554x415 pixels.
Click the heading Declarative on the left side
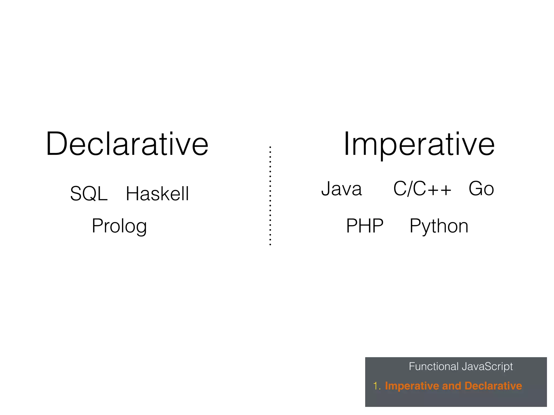pyautogui.click(x=127, y=144)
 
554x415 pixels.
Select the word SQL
pyautogui.click(x=89, y=194)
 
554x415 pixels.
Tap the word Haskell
pyautogui.click(x=157, y=194)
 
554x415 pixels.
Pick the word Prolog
pyautogui.click(x=119, y=226)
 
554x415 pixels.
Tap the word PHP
pyautogui.click(x=365, y=226)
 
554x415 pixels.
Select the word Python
pyautogui.click(x=439, y=226)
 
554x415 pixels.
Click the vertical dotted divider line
pyautogui.click(x=270, y=196)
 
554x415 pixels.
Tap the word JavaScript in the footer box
pyautogui.click(x=487, y=367)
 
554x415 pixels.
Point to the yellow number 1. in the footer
pyautogui.click(x=377, y=386)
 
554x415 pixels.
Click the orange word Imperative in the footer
pyautogui.click(x=411, y=386)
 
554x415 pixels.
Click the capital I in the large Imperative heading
pyautogui.click(x=346, y=144)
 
